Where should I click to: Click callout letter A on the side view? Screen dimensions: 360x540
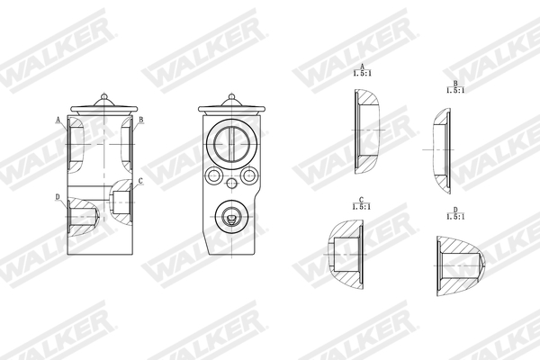pyautogui.click(x=58, y=119)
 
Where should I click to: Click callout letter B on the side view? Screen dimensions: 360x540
pyautogui.click(x=141, y=119)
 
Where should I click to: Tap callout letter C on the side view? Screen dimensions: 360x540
pyautogui.click(x=139, y=182)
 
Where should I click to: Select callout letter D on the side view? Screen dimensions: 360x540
pyautogui.click(x=58, y=196)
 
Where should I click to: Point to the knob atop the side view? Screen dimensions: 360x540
pyautogui.click(x=103, y=93)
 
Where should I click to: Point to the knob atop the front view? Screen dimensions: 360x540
pyautogui.click(x=232, y=93)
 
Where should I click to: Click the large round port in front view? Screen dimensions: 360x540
pyautogui.click(x=232, y=143)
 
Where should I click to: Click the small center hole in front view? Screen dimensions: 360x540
pyautogui.click(x=232, y=184)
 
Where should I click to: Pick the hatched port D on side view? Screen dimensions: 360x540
pyautogui.click(x=80, y=217)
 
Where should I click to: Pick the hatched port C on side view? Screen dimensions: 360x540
pyautogui.click(x=121, y=199)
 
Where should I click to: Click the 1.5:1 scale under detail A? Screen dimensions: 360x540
pyautogui.click(x=362, y=76)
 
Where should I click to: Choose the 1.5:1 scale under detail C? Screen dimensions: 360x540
pyautogui.click(x=361, y=206)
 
